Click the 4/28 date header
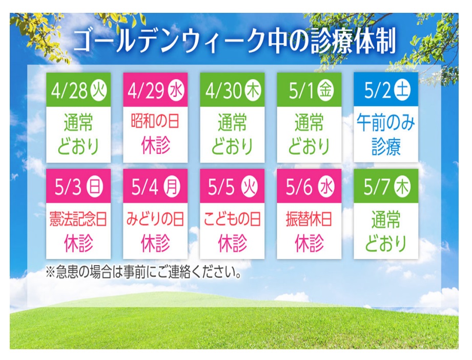[78, 89]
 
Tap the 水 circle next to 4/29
[176, 89]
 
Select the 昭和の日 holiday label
[155, 121]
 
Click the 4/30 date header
[232, 89]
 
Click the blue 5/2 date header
[386, 89]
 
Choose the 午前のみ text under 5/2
[386, 123]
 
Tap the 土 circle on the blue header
[402, 89]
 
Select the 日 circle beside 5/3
[95, 186]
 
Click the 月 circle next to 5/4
[172, 186]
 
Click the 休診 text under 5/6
[309, 243]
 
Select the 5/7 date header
[386, 186]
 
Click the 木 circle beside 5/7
[402, 186]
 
